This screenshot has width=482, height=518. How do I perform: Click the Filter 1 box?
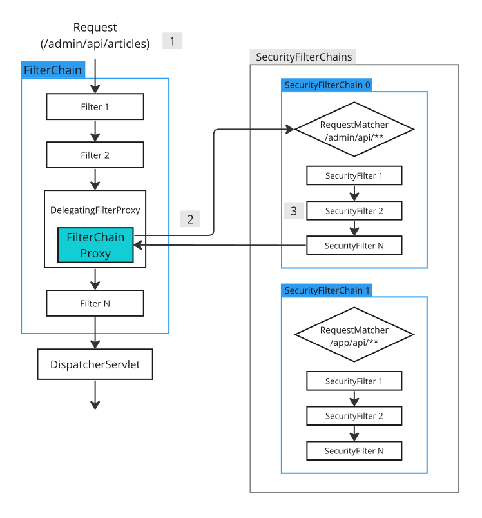[x=95, y=106]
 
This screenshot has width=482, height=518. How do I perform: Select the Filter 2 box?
[x=95, y=155]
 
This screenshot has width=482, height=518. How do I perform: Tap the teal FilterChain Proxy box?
[x=95, y=245]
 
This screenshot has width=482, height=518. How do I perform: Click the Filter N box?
[x=95, y=303]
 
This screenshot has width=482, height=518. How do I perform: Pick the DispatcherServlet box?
[x=95, y=365]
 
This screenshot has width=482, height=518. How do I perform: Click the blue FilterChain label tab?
[x=53, y=70]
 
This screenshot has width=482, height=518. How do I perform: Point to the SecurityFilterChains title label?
[x=304, y=57]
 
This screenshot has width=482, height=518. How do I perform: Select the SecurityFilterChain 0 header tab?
[x=327, y=85]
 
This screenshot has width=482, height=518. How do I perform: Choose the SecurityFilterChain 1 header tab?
[x=327, y=290]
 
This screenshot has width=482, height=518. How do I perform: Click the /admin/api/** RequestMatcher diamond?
[x=354, y=129]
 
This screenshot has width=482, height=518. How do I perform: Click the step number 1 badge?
[x=172, y=41]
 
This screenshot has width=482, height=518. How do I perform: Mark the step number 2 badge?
[x=190, y=219]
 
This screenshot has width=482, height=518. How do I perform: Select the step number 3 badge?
[x=294, y=210]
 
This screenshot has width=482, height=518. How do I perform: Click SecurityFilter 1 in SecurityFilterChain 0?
[x=354, y=175]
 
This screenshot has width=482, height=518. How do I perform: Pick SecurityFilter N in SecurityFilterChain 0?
[x=354, y=246]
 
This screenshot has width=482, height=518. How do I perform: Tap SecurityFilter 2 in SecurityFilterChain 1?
[x=354, y=416]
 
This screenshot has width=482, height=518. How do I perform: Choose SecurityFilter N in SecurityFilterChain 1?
[x=354, y=450]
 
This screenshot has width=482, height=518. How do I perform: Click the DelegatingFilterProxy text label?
[x=95, y=210]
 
